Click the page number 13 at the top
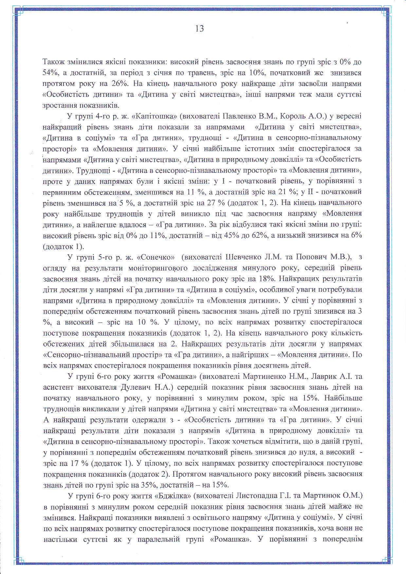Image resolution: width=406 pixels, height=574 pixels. point(199,29)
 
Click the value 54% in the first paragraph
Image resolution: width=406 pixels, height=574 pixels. point(50,73)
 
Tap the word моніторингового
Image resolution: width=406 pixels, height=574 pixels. point(158,268)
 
